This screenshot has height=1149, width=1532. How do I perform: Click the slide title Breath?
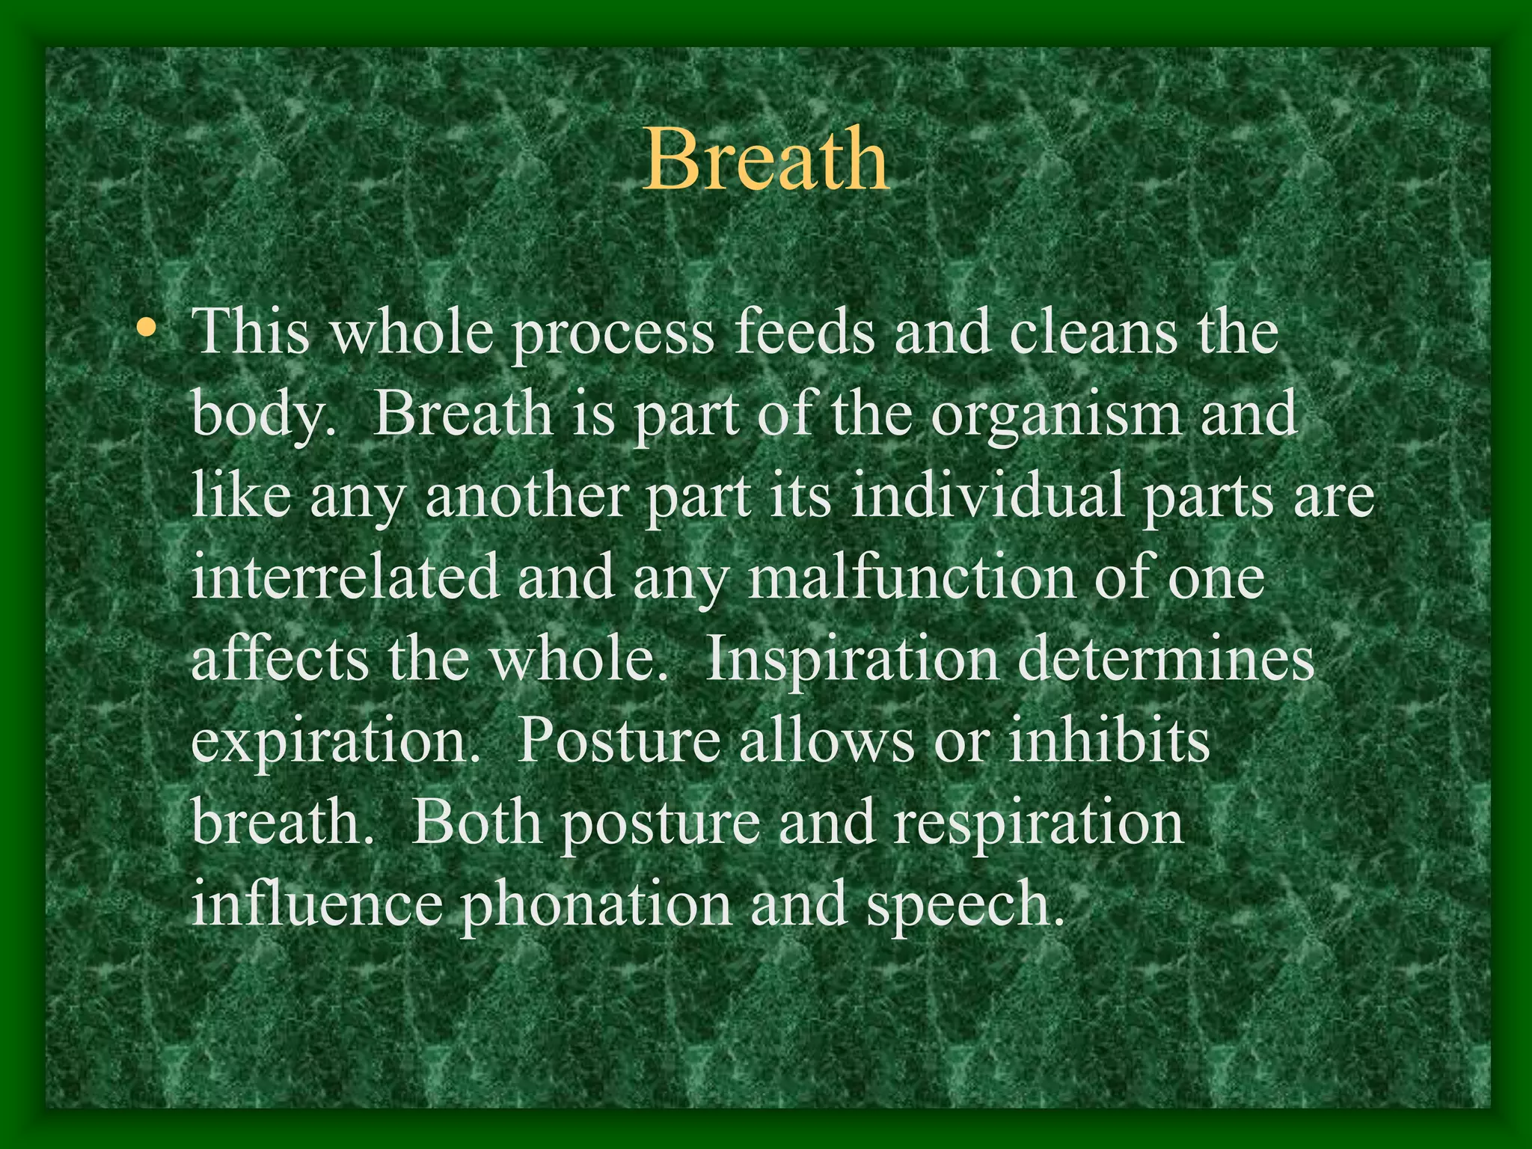(766, 159)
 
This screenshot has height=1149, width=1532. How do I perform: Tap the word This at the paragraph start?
(251, 332)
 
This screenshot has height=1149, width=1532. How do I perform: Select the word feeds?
(803, 332)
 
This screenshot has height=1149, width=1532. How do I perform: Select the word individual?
(987, 497)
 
